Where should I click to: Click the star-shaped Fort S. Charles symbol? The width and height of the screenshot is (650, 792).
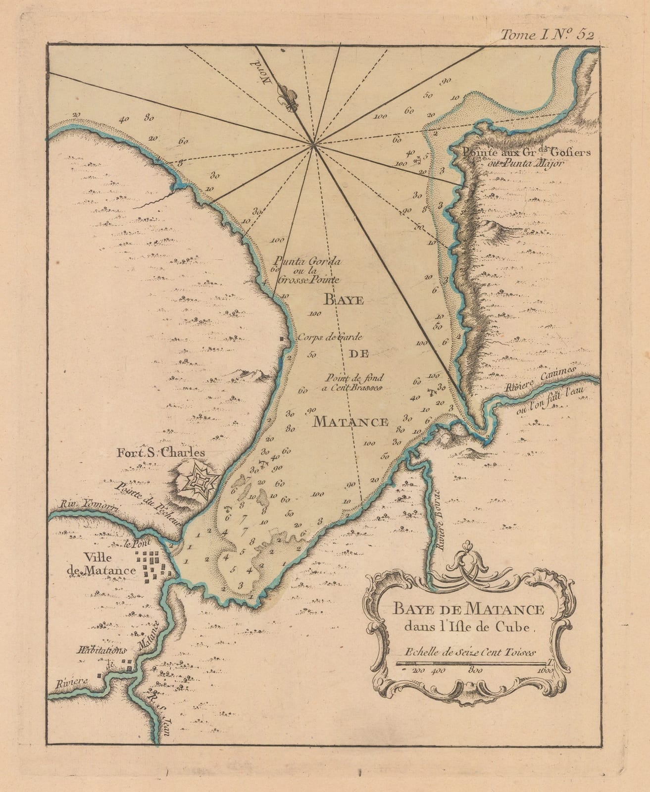[x=200, y=479]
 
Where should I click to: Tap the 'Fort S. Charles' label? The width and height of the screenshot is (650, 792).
[x=160, y=452]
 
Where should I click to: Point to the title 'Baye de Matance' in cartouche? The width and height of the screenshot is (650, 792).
[x=468, y=608]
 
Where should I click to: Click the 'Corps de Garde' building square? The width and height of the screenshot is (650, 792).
[x=283, y=339]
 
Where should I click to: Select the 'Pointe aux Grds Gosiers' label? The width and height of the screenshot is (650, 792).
[x=526, y=152]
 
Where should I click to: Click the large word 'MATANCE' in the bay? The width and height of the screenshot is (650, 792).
[x=351, y=422]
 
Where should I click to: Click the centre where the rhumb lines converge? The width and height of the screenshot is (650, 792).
[x=313, y=145]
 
